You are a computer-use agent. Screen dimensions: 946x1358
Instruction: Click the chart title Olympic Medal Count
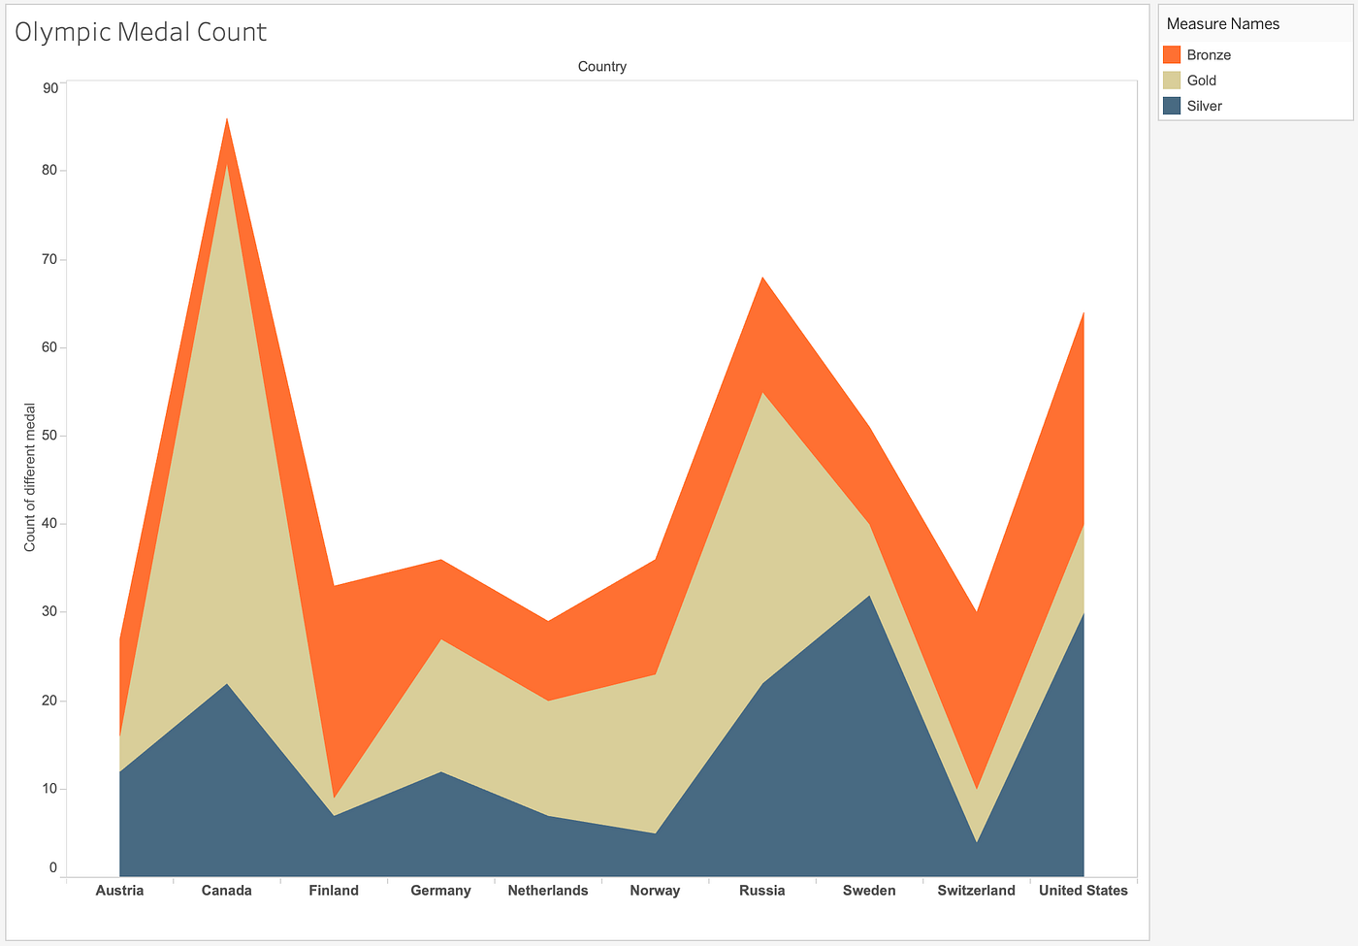pos(141,32)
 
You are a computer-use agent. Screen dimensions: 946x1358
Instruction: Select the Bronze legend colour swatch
pos(1172,55)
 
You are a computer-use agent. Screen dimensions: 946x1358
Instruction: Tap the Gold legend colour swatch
pos(1172,81)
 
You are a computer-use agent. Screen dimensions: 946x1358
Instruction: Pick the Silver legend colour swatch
pos(1172,106)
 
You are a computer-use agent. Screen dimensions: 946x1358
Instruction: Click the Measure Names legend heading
pos(1222,23)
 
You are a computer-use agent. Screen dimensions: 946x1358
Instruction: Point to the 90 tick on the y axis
pos(50,88)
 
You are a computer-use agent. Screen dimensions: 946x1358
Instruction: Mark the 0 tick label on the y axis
pos(53,868)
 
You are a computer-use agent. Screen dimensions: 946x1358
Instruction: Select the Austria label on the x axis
pos(119,891)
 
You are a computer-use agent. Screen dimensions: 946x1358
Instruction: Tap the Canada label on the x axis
pos(226,891)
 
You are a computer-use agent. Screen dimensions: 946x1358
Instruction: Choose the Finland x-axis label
pos(334,891)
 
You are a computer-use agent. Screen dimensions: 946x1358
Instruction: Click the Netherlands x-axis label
pos(548,891)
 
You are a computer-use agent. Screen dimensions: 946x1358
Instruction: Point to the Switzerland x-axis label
pos(976,891)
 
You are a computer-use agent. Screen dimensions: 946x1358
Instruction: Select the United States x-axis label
pos(1083,891)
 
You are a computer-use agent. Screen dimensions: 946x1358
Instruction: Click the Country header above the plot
pos(601,67)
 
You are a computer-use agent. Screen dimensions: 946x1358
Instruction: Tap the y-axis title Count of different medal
pos(30,477)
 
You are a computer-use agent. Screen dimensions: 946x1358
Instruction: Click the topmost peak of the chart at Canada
pos(227,118)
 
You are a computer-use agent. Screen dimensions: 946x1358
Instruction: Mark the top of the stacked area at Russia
pos(762,277)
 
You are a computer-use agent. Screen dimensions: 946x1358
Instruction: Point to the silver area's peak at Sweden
pos(869,596)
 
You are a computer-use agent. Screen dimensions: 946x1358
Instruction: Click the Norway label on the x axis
pos(655,891)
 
